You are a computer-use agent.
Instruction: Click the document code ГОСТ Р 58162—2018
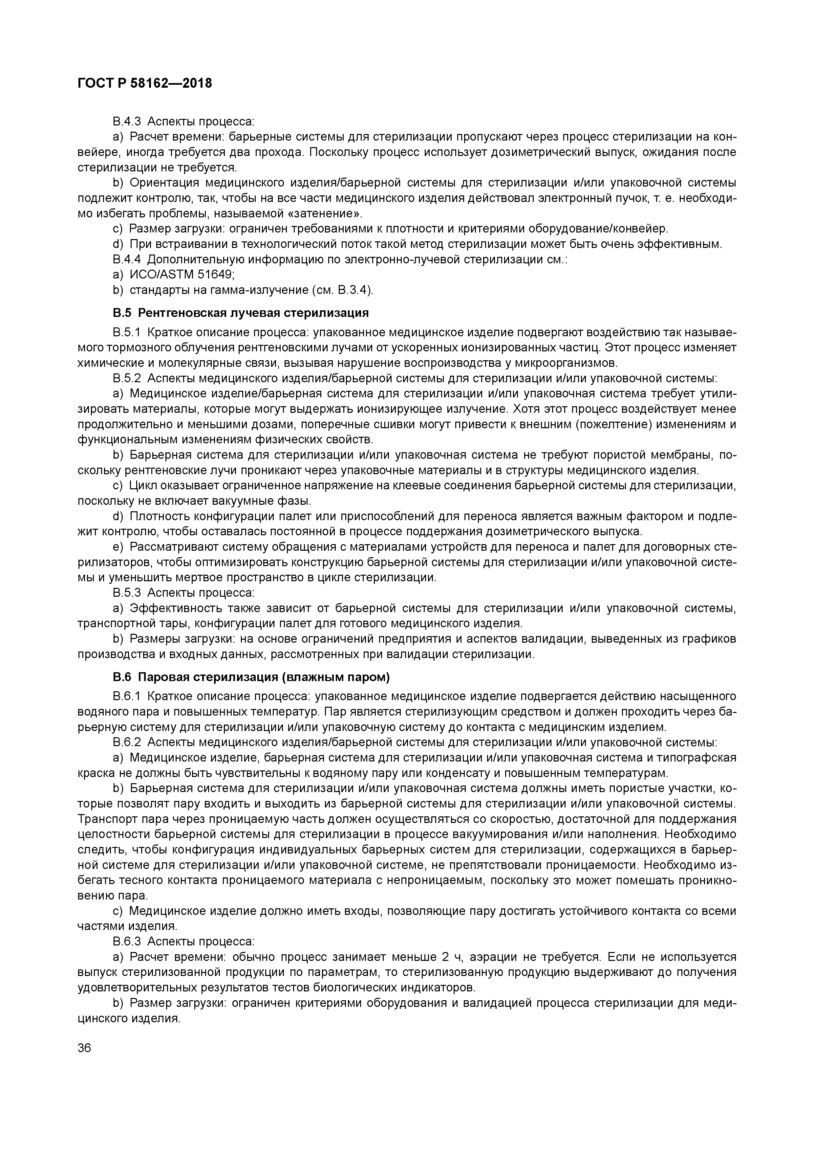tap(145, 83)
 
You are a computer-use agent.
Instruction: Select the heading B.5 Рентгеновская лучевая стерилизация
tap(241, 313)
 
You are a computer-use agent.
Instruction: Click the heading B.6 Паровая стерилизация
tap(251, 677)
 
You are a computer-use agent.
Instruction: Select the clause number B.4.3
tap(127, 122)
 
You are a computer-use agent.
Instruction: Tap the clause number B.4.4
tap(127, 259)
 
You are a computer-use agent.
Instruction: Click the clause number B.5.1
tap(127, 333)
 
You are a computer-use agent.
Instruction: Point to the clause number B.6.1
tap(127, 697)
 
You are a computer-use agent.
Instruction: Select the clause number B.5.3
tap(127, 592)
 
